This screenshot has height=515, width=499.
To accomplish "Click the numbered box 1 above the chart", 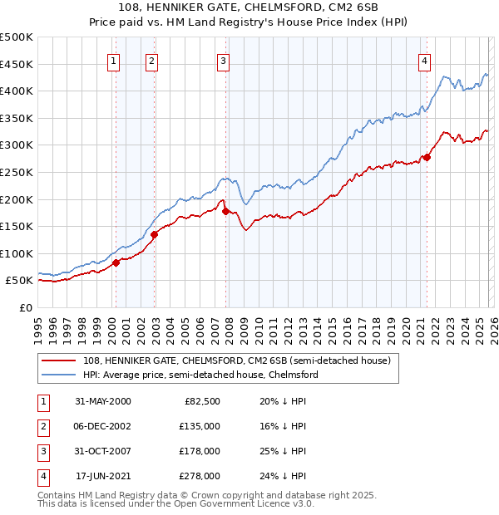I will pos(113,60).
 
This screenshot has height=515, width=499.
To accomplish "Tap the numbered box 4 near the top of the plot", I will pos(424,60).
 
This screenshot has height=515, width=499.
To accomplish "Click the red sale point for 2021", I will pos(427,157).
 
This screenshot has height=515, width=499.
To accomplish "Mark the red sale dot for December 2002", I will pos(154,234).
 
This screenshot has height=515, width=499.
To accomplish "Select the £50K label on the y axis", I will pos(20,281).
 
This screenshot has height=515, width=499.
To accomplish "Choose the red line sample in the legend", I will pos(60,360).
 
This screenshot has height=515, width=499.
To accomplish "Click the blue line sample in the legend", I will pos(60,375).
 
